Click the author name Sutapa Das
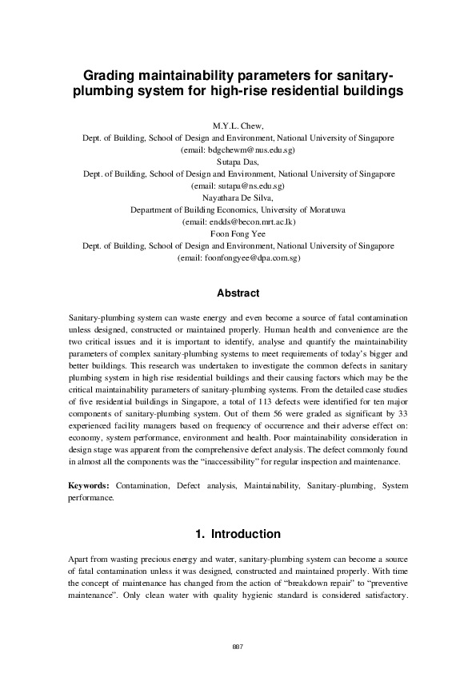click(x=238, y=161)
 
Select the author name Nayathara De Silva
click(x=238, y=197)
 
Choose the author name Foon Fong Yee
click(x=238, y=233)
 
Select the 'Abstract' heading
click(x=238, y=293)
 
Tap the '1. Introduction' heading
click(x=238, y=534)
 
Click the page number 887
click(x=238, y=646)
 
